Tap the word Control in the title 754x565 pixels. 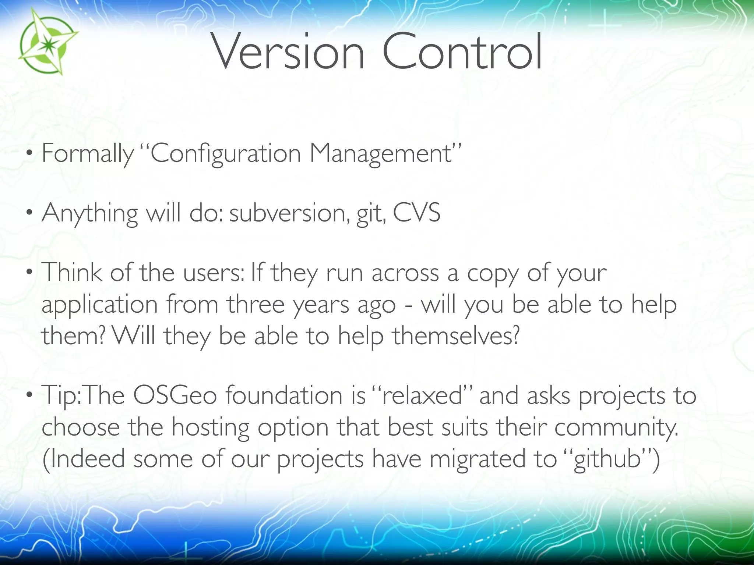[x=462, y=52]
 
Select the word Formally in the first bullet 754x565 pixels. [x=88, y=153]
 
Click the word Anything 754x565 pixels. [x=90, y=214]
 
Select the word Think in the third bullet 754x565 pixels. [x=72, y=273]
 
